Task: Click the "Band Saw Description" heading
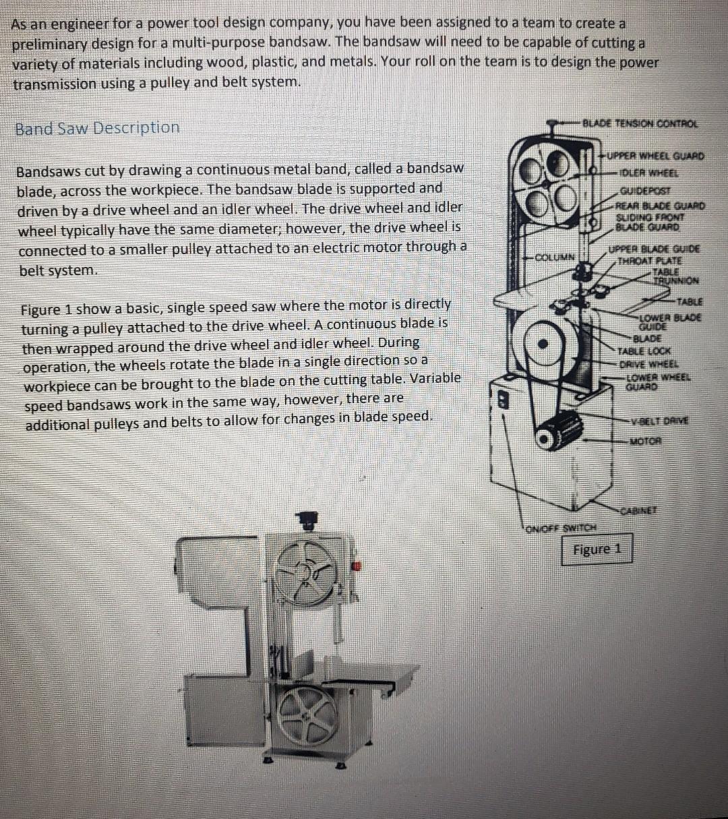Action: point(98,127)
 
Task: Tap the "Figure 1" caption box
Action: point(596,549)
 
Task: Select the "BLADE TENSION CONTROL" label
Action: point(640,123)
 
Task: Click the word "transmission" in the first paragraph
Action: point(54,83)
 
